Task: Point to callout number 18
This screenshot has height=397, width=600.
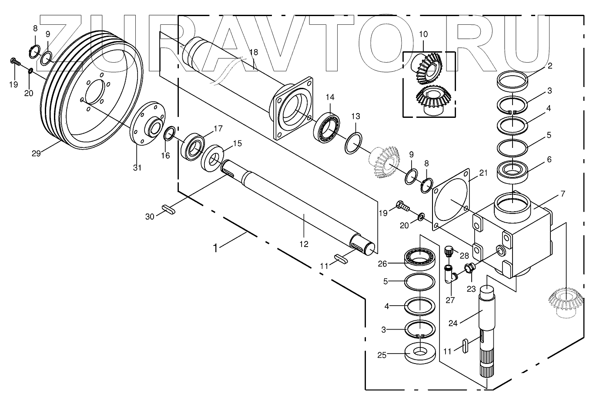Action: (254, 52)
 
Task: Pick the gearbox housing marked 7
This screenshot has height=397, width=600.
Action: (513, 237)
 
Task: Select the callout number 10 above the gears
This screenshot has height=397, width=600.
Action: (423, 34)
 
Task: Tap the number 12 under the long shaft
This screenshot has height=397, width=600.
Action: (303, 244)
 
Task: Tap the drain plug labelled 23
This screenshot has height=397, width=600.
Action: (469, 269)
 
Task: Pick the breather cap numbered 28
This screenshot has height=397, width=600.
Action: (449, 251)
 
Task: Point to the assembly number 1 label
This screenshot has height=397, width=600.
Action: (215, 248)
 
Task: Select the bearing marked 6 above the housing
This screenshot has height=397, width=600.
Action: (513, 170)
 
